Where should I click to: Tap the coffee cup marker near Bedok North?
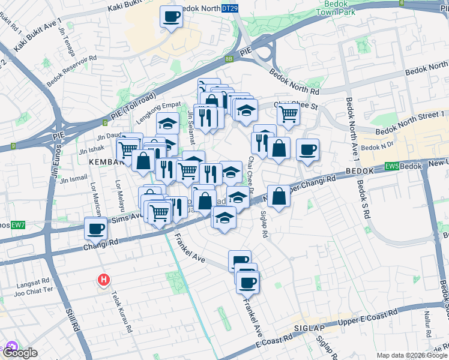tap(170, 17)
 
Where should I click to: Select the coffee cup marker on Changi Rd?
tap(96, 228)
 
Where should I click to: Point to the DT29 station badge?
tap(229, 8)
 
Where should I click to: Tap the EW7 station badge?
tap(17, 225)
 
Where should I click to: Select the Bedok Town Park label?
tap(336, 8)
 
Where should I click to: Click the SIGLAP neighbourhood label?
tap(309, 329)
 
